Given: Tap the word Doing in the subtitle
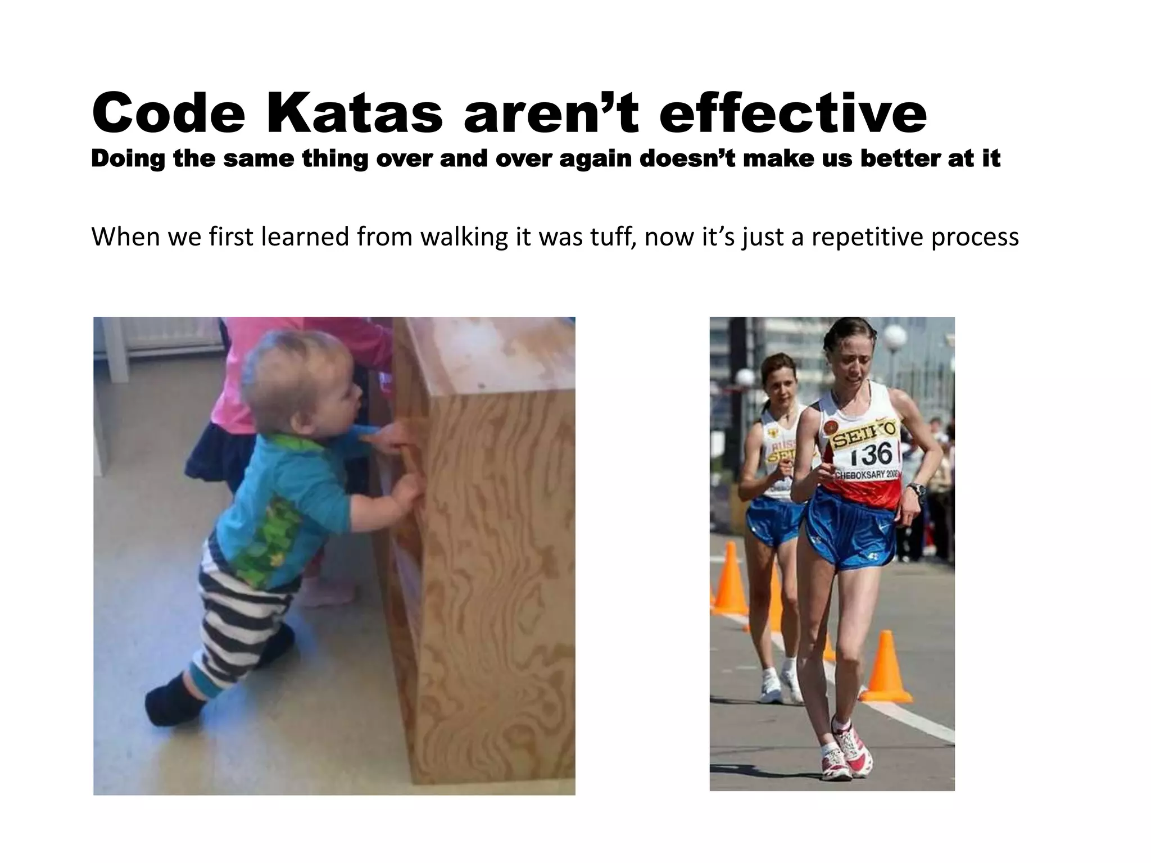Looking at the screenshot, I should [128, 159].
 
